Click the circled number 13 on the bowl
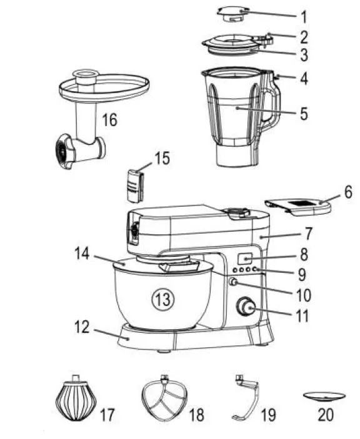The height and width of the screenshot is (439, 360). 161,300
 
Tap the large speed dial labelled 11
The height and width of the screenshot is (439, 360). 246,307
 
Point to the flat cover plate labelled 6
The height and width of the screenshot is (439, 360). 299,205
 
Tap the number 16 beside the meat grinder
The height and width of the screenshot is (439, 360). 109,120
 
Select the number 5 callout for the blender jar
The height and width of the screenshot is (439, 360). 303,114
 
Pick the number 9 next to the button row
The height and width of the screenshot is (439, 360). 302,272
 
